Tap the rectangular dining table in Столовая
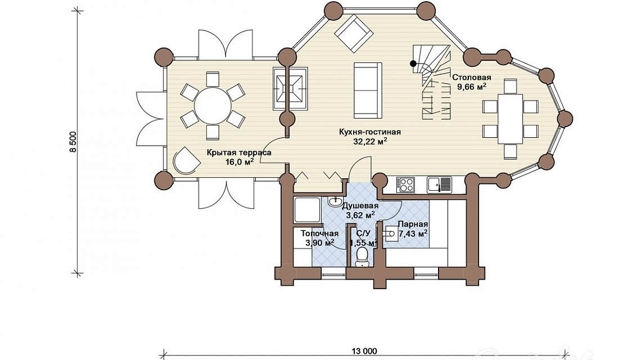510,119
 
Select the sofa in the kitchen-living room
368,91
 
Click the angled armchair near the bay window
354,34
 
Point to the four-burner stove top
405,184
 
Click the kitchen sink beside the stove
440,184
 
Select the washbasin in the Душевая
336,201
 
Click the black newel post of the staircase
414,64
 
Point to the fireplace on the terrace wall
290,88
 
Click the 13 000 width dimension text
364,351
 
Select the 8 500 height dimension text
73,142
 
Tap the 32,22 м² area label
370,142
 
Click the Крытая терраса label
239,152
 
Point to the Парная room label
413,224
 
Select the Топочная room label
320,233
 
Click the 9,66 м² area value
471,87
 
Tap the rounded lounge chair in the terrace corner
187,161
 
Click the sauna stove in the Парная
391,234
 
